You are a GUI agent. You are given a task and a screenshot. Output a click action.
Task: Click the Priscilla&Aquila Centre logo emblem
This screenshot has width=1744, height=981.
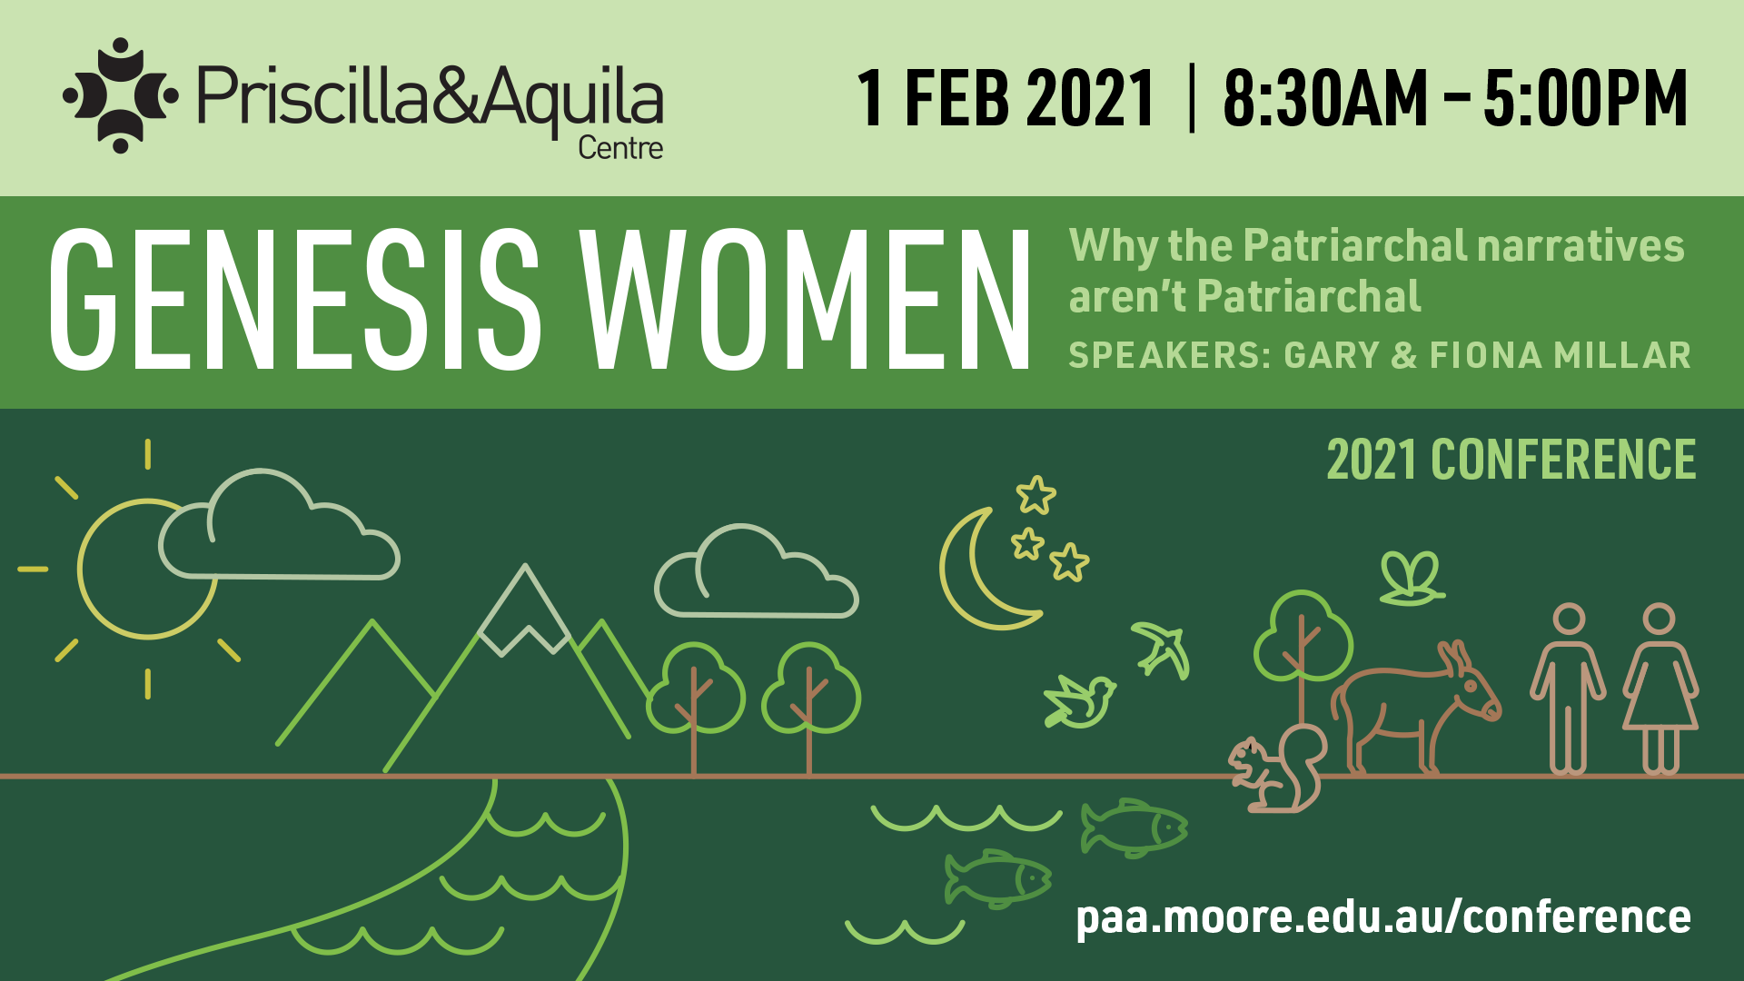(x=120, y=95)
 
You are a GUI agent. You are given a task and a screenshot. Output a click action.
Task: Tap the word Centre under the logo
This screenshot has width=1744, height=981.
(x=620, y=148)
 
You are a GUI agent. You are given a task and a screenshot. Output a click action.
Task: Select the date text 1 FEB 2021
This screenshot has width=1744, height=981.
(x=1005, y=98)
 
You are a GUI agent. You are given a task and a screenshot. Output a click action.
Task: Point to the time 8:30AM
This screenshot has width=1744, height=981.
(x=1325, y=98)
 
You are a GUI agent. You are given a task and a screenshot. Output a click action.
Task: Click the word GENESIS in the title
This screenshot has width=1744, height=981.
(x=295, y=300)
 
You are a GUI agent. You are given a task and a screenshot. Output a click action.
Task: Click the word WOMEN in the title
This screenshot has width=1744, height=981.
(x=807, y=300)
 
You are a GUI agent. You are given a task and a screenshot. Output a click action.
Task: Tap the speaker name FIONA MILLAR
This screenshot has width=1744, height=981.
(x=1560, y=355)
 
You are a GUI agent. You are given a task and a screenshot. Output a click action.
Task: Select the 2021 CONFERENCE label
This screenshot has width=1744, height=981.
(x=1511, y=460)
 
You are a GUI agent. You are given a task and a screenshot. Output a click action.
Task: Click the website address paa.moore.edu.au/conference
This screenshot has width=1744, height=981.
(x=1382, y=917)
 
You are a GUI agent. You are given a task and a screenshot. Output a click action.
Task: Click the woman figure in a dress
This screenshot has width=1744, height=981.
(x=1660, y=690)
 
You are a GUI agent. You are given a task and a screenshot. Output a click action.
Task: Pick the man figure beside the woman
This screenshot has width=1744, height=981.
(x=1568, y=690)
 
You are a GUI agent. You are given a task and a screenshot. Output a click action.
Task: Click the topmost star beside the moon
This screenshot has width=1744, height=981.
(x=1035, y=495)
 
